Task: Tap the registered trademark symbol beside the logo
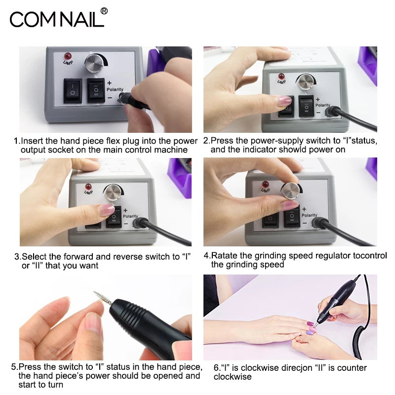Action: click(x=104, y=11)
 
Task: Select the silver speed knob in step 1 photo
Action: click(x=94, y=63)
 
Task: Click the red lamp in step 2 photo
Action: click(x=282, y=77)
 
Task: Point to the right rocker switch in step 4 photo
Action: click(x=292, y=218)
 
